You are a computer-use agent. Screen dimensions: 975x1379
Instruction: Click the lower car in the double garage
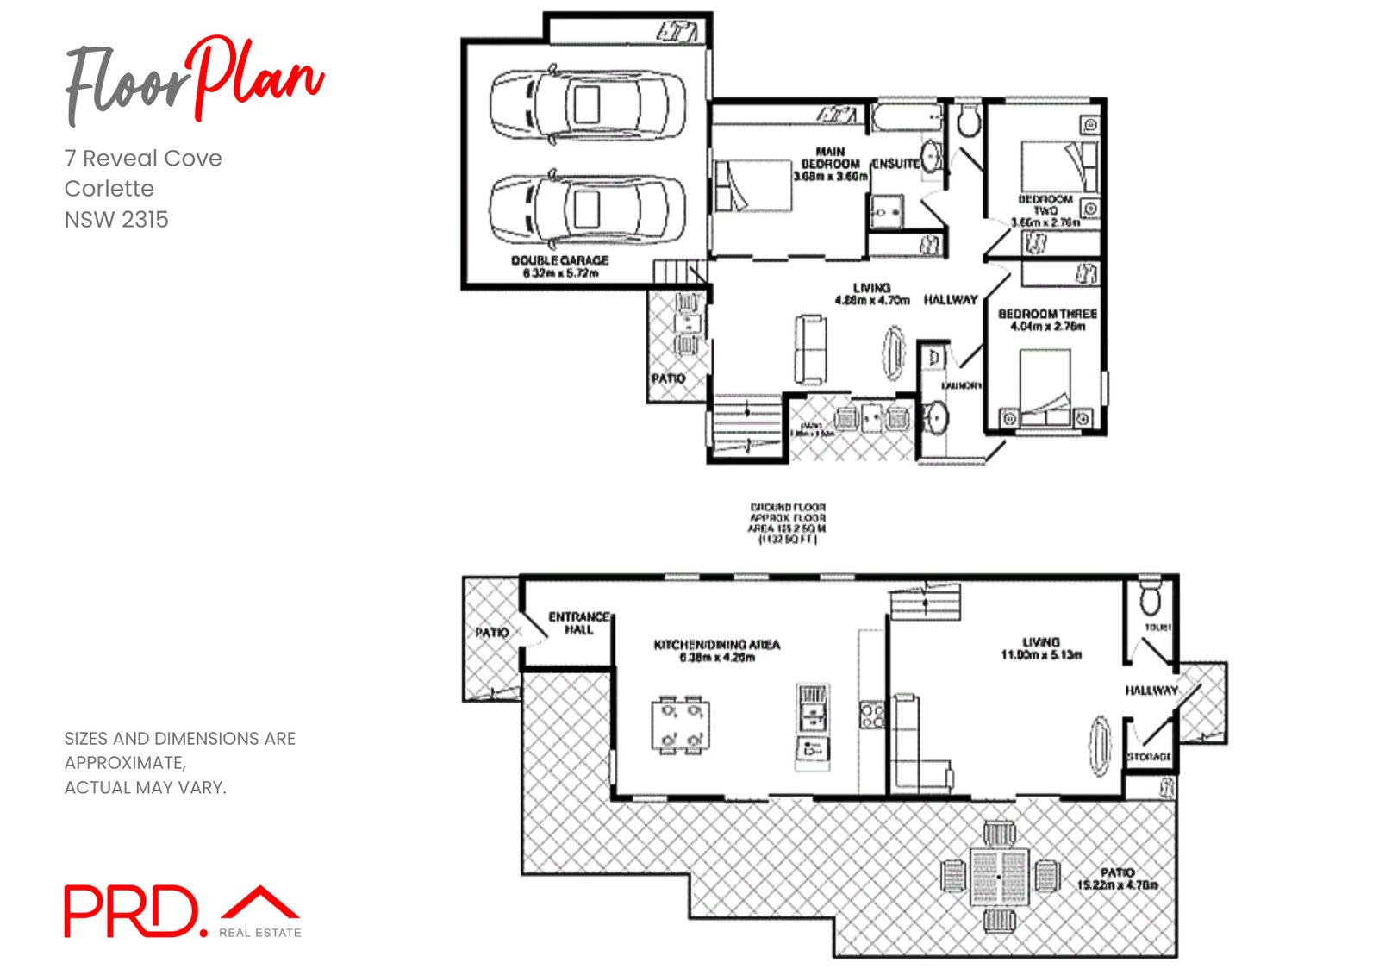[588, 209]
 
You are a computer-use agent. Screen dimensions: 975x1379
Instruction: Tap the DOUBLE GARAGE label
[560, 260]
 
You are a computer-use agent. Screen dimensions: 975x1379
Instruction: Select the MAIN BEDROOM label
[831, 158]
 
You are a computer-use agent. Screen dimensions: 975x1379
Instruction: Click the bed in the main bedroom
[752, 185]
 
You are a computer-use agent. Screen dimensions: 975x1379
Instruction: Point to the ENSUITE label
[895, 164]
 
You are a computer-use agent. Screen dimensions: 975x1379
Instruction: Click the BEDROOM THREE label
[1047, 314]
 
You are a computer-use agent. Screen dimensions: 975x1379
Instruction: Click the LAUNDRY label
[961, 385]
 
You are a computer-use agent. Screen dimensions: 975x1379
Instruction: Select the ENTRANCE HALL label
[579, 623]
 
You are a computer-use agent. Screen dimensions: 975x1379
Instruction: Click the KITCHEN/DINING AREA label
[716, 645]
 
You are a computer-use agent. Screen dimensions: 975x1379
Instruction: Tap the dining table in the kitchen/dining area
[681, 725]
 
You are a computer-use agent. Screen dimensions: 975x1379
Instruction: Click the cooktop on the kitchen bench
[872, 716]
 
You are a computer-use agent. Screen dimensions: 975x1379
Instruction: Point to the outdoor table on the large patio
[999, 877]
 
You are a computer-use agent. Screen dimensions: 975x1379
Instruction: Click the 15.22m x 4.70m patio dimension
[1117, 885]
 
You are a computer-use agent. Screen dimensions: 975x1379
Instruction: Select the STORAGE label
[1149, 756]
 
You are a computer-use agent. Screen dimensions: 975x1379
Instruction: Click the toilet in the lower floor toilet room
[1151, 597]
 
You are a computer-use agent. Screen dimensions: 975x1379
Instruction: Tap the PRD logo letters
[131, 911]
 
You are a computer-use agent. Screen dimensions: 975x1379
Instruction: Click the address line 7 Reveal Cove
[143, 159]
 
